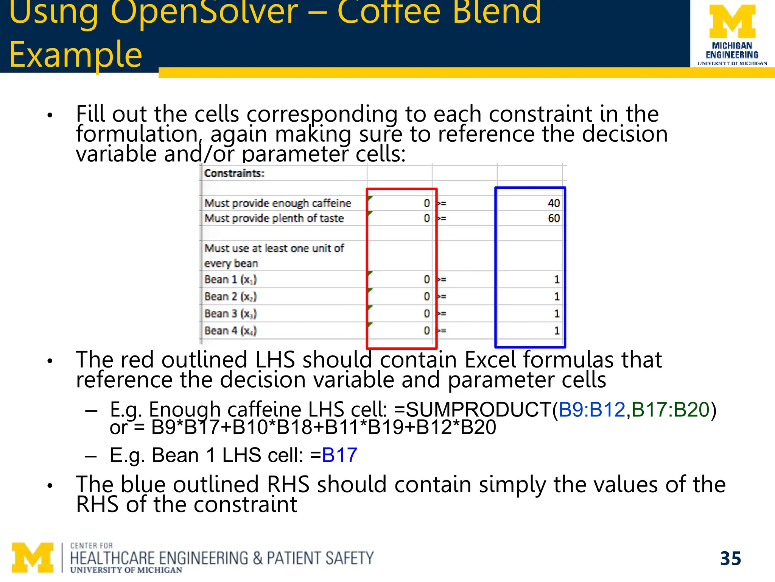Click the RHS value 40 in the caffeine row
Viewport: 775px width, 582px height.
(553, 203)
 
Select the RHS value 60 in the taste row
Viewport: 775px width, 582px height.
(553, 219)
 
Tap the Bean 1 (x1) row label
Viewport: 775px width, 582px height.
(230, 280)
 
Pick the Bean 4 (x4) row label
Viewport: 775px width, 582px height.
(230, 331)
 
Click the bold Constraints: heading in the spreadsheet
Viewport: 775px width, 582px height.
(234, 173)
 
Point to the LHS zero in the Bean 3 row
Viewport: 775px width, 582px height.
(426, 314)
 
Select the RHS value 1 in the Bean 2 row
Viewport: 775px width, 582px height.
(556, 297)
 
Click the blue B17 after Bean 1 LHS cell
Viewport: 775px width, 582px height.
(339, 455)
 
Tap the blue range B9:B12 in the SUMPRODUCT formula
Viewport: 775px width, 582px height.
(592, 410)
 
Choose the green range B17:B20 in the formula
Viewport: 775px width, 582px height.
(670, 410)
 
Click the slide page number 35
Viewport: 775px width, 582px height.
(730, 559)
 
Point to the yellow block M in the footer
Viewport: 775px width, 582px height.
(33, 557)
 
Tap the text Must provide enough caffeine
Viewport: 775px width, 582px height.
(278, 203)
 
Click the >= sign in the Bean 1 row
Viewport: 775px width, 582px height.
(441, 280)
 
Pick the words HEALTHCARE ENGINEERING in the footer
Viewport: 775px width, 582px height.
(159, 559)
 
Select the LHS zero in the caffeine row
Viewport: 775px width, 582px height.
(426, 203)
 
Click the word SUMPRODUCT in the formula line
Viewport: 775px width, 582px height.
(479, 410)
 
